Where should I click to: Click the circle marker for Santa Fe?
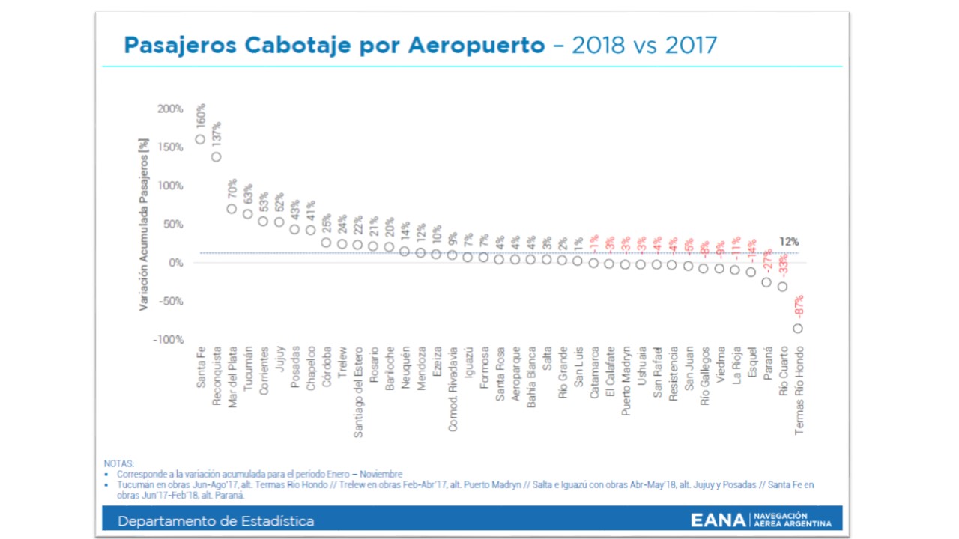[200, 139]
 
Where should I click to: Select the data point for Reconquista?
[216, 157]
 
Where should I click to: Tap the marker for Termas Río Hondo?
[798, 328]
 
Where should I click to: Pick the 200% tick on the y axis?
[170, 109]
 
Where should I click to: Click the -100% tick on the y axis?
[169, 340]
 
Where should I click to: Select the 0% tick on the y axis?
[176, 263]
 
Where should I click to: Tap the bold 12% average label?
[789, 242]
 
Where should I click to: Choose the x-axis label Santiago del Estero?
[358, 392]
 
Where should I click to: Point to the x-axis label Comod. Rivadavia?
[453, 388]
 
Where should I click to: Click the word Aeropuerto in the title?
[476, 46]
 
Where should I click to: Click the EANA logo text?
[718, 520]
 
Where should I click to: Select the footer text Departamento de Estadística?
[216, 521]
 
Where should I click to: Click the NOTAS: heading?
[118, 464]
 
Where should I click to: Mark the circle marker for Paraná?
[766, 282]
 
